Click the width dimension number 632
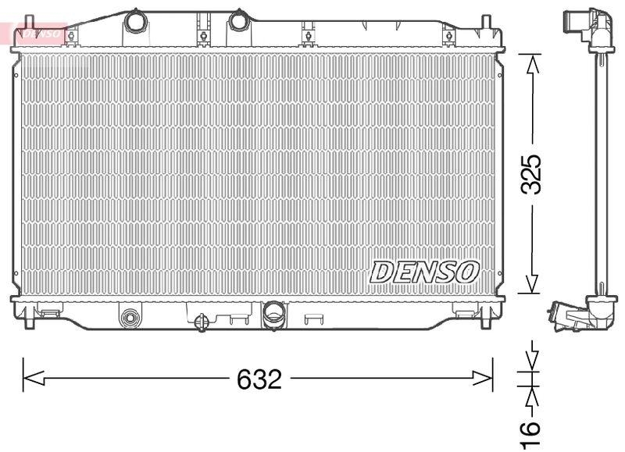(x=259, y=380)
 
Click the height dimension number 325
(x=532, y=174)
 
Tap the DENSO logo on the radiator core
(x=424, y=271)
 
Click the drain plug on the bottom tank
(x=201, y=321)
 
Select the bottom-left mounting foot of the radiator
(x=30, y=316)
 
